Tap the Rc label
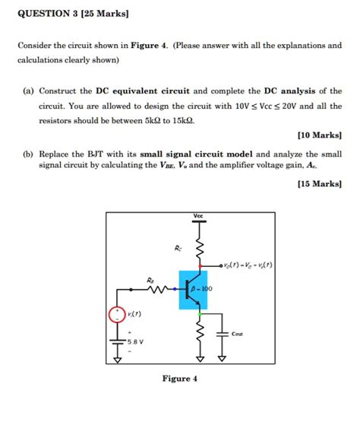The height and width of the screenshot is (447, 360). point(178,248)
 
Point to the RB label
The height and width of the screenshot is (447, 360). point(151,281)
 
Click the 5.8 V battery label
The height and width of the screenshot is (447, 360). point(135,341)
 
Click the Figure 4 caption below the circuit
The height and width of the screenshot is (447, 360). point(179,379)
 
